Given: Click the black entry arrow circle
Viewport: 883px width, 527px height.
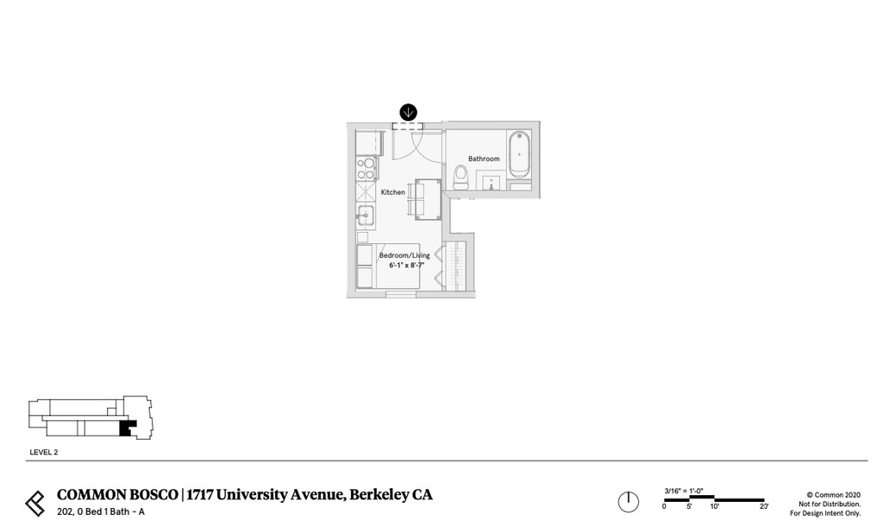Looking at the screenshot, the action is (x=408, y=112).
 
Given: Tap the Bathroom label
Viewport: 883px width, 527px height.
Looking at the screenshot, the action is (x=484, y=159).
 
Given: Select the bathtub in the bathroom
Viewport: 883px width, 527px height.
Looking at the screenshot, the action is (x=519, y=154).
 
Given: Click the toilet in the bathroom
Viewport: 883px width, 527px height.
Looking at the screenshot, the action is (x=461, y=177).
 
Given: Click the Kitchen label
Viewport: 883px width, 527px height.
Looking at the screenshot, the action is (x=392, y=192).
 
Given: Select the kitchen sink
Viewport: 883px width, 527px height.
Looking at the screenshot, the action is (x=365, y=215).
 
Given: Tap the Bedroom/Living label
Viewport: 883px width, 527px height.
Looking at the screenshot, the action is (x=404, y=255).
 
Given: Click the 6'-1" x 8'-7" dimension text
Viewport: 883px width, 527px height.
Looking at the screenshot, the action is (x=406, y=266).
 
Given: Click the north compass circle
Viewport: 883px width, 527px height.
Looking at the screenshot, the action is (x=628, y=501).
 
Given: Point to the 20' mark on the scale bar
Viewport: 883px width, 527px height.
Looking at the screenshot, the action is (x=763, y=506).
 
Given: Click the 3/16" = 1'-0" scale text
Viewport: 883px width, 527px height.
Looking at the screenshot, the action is (x=684, y=491).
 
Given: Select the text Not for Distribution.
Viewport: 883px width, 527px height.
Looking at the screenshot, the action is (x=830, y=504).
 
